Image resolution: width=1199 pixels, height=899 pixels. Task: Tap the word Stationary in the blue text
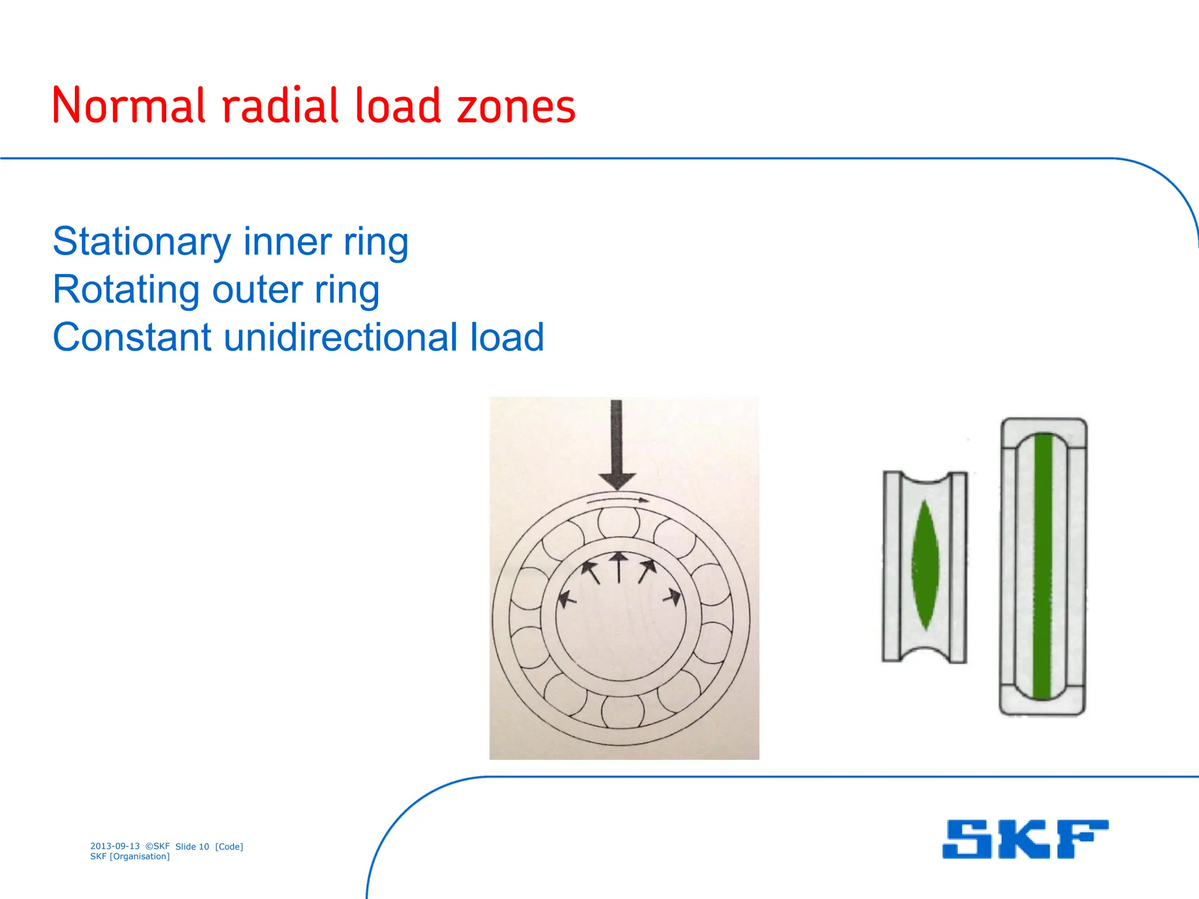142,242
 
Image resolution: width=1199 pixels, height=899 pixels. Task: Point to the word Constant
132,338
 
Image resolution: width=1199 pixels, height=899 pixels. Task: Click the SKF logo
1025,839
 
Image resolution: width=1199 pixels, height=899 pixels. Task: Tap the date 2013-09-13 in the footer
115,846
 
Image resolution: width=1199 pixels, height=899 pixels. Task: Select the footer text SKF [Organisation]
130,857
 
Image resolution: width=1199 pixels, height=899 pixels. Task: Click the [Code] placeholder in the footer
229,847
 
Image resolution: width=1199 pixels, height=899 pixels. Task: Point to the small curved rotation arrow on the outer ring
618,500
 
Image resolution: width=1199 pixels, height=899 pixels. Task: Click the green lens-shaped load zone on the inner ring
925,565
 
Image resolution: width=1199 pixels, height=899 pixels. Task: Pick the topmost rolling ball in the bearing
618,522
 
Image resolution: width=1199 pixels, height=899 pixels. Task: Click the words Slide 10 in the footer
192,847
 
